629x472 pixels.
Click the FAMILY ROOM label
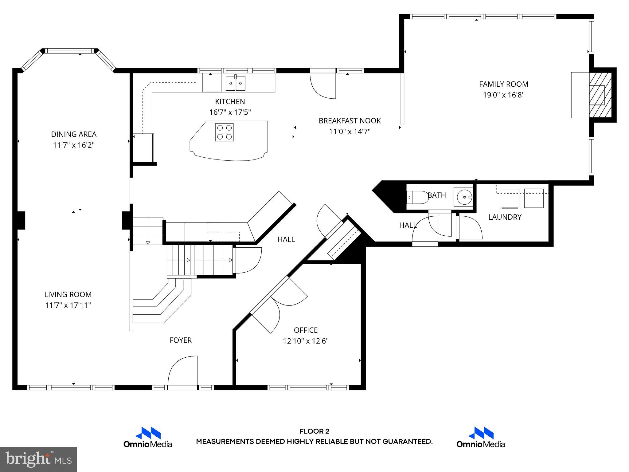(503, 84)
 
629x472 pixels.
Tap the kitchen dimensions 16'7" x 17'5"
(230, 112)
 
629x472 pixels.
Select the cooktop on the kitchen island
(224, 132)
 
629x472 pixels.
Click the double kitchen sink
(236, 83)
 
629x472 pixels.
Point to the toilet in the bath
(418, 197)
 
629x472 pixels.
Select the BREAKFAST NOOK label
(350, 121)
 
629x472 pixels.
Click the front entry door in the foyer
(183, 372)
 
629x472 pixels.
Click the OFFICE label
(306, 330)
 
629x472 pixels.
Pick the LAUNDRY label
(505, 217)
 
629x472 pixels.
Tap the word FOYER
(181, 340)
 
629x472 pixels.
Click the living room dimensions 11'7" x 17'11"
(68, 305)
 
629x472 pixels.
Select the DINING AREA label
(74, 134)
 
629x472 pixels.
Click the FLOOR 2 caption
(314, 431)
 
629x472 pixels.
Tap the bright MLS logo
(38, 459)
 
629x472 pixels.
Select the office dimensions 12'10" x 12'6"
(306, 341)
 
